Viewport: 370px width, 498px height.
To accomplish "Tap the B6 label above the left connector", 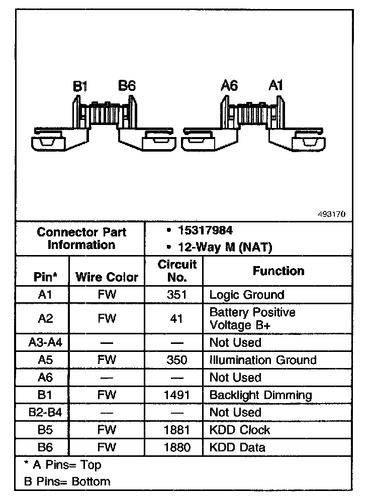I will (x=127, y=86).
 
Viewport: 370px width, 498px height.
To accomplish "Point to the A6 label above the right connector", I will (x=229, y=86).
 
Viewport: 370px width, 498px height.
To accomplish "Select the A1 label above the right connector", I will (x=275, y=86).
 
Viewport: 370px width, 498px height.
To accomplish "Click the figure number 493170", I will (x=331, y=214).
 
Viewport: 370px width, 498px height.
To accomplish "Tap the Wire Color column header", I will (x=107, y=277).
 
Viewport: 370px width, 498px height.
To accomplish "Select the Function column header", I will (x=278, y=271).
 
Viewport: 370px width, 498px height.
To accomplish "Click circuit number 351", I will (x=176, y=295).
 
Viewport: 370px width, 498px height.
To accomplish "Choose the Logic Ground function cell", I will (x=246, y=295).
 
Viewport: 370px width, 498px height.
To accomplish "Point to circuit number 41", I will (x=176, y=318).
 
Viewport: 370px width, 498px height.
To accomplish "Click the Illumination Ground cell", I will (x=263, y=360).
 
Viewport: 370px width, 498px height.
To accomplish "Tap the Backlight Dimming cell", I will (x=260, y=395).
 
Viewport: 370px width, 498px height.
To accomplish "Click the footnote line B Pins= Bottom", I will (x=67, y=481).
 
